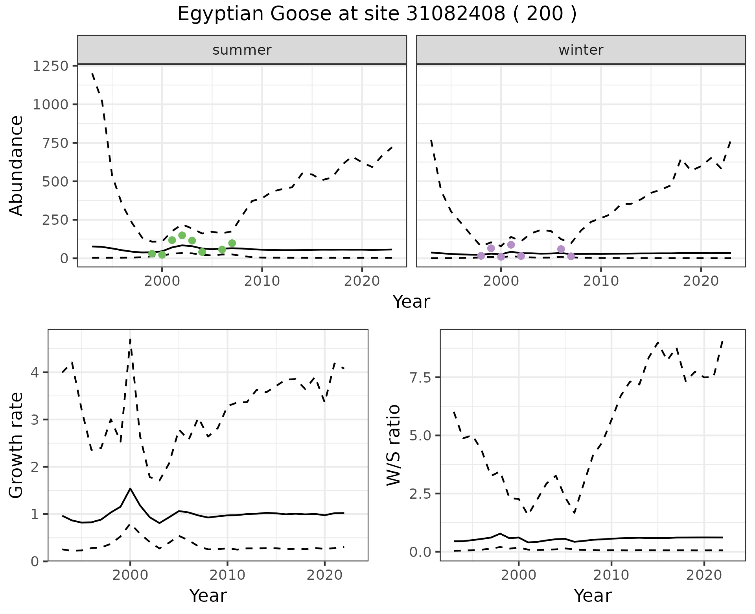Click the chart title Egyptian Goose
[377, 14]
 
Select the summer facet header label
[242, 50]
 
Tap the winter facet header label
[581, 50]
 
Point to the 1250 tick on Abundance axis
[50, 66]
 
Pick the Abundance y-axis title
[17, 166]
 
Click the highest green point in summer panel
[182, 235]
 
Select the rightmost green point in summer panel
[232, 243]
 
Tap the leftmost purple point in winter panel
[481, 256]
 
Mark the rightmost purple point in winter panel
[571, 256]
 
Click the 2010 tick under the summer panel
[262, 281]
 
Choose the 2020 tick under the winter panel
[701, 281]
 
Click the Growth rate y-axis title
[17, 446]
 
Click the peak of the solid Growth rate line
[130, 488]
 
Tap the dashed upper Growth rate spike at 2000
[130, 339]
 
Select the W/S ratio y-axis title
[393, 445]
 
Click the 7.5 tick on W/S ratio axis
[420, 377]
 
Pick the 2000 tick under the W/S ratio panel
[519, 575]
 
